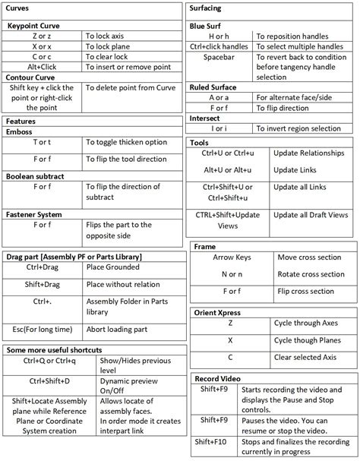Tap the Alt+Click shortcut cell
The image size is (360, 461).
point(43,67)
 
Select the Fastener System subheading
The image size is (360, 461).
point(34,214)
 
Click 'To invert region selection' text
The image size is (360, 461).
point(298,128)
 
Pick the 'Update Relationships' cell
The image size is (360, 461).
point(306,153)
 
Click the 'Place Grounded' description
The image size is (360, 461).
point(113,267)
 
